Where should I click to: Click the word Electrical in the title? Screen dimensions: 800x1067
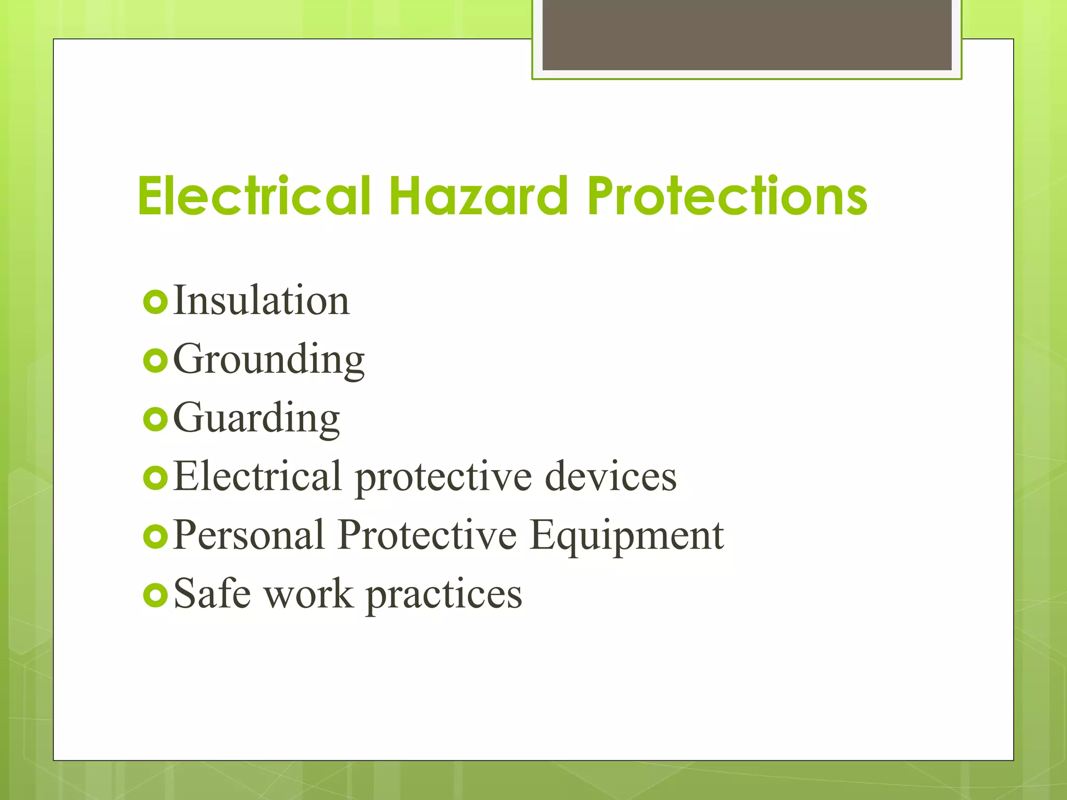coord(254,196)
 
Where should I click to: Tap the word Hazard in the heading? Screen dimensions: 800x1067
coord(478,196)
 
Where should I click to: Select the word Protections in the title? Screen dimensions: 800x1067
coord(727,196)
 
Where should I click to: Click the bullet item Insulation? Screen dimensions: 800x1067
coord(261,301)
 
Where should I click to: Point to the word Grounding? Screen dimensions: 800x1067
coord(269,359)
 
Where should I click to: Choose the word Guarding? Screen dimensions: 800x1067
coord(256,418)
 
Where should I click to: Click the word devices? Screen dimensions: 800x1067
coord(611,476)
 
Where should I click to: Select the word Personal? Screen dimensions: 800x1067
coord(249,535)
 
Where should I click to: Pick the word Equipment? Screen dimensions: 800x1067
coord(627,536)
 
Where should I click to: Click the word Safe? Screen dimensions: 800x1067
coord(212,594)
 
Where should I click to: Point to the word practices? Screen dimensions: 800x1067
coord(444,595)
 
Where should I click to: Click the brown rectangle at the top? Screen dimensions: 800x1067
coord(747,34)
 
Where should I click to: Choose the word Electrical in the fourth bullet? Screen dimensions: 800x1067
coord(257,476)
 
